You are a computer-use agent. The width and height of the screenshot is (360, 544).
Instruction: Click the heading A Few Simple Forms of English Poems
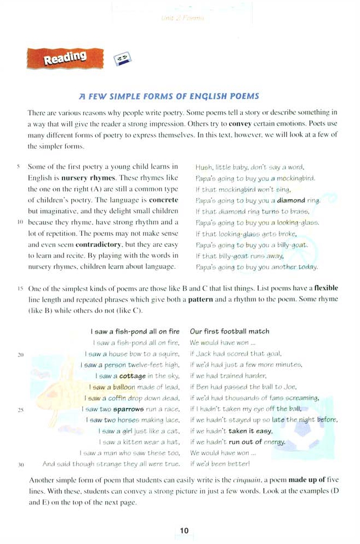[x=169, y=96]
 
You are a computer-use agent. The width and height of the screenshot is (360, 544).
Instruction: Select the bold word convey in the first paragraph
[x=239, y=123]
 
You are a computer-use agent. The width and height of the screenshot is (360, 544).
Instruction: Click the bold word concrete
[x=163, y=200]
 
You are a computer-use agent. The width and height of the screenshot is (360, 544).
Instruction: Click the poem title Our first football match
[x=230, y=331]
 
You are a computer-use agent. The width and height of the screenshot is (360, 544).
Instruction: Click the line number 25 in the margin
[x=20, y=409]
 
